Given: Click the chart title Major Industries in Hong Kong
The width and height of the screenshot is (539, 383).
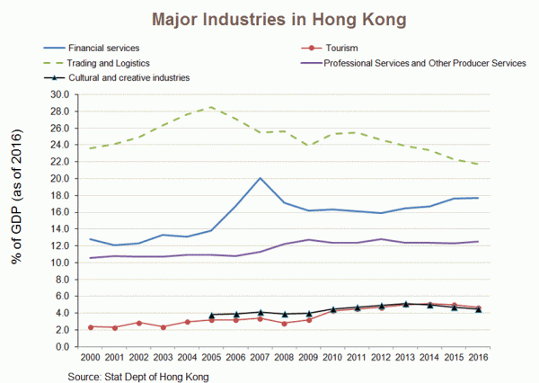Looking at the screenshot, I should pyautogui.click(x=269, y=18).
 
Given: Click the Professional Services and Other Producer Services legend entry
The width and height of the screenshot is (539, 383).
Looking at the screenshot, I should pyautogui.click(x=423, y=62).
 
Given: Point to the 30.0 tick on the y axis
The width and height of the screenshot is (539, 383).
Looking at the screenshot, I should pyautogui.click(x=58, y=94).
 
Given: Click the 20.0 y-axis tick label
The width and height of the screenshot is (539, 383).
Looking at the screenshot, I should pyautogui.click(x=58, y=178).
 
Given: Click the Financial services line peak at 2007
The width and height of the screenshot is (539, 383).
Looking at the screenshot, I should pyautogui.click(x=260, y=178).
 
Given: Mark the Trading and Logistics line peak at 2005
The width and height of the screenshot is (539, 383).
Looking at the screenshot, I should pyautogui.click(x=211, y=107).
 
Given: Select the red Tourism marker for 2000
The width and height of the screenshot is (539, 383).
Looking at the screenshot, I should pyautogui.click(x=91, y=326).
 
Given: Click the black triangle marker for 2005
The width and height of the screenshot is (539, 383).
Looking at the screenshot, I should pyautogui.click(x=211, y=315).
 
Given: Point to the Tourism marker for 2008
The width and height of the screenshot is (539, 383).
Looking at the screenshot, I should pyautogui.click(x=284, y=323).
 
